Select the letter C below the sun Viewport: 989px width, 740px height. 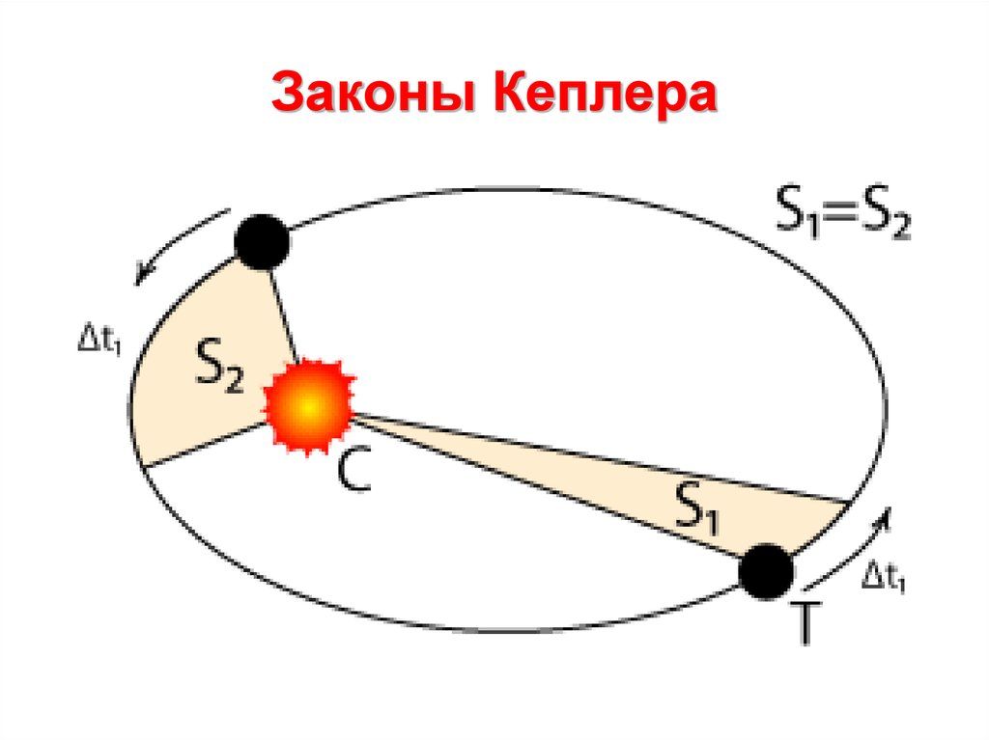[353, 472]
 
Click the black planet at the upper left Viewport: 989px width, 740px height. [263, 242]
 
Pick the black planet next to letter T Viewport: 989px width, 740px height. [767, 570]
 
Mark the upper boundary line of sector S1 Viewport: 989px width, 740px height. [599, 457]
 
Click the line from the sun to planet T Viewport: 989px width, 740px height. [541, 485]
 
